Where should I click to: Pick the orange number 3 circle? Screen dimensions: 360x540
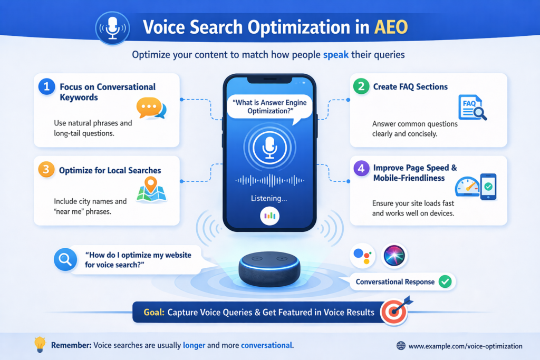click(x=46, y=170)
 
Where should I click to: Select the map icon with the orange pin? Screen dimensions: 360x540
click(x=151, y=190)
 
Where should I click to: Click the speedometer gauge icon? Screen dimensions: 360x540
click(x=467, y=186)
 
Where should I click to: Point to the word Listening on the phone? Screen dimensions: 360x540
click(x=269, y=199)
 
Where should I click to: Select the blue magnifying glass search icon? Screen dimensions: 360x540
click(x=65, y=259)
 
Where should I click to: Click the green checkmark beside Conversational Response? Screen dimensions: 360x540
click(x=445, y=281)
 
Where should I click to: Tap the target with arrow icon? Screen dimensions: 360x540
click(x=395, y=311)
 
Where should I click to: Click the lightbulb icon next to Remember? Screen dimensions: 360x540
click(x=40, y=345)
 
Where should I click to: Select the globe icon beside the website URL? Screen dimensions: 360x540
click(x=401, y=346)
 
